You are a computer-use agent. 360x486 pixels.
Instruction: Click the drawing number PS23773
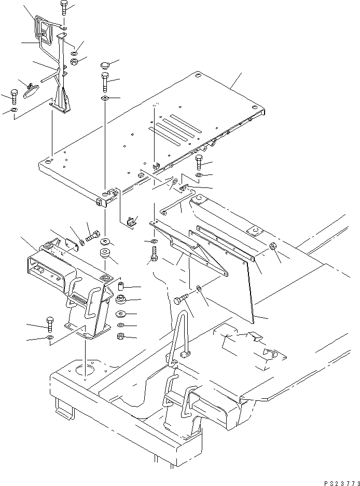pos(338,481)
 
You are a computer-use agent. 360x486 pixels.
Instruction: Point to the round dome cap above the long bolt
pos(105,66)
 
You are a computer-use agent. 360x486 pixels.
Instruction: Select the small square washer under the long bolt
pos(105,98)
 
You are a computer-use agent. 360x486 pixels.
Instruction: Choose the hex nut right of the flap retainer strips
pos(273,247)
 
